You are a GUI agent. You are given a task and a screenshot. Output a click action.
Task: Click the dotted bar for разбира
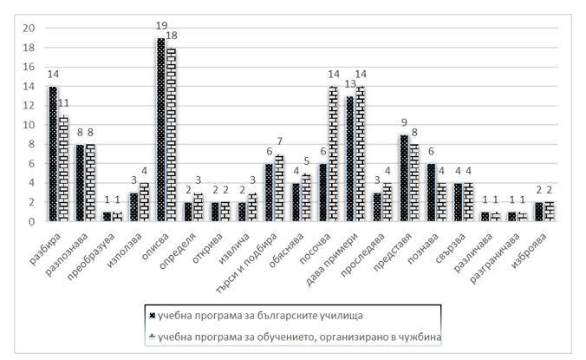tap(54, 154)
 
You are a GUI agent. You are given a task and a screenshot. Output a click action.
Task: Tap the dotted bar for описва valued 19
tap(160, 130)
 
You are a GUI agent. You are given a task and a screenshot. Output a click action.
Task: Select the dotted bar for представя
tap(405, 178)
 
